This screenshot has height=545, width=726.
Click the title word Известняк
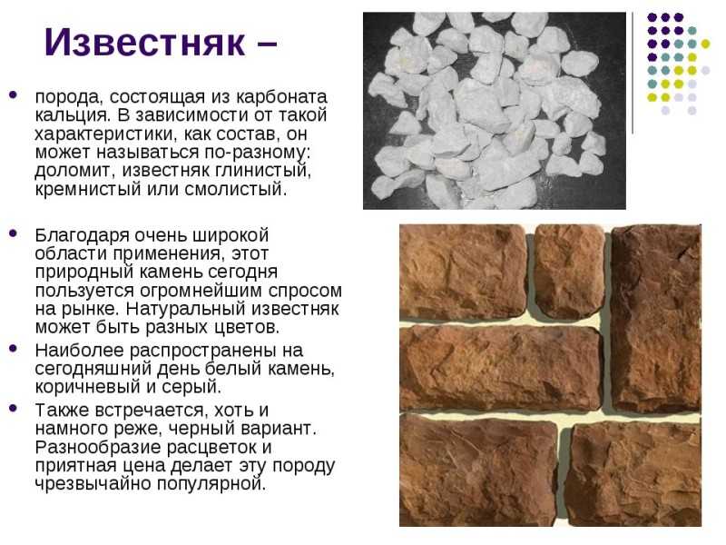[x=144, y=42]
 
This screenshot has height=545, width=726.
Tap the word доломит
[x=74, y=171]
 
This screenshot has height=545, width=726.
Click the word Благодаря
[x=82, y=235]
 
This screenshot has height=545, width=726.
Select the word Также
[x=62, y=411]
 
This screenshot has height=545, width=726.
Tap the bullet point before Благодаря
[x=13, y=233]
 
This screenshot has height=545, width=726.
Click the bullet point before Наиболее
[x=13, y=348]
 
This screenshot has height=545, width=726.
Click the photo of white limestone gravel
[x=494, y=111]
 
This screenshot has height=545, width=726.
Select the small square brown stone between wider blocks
[x=569, y=272]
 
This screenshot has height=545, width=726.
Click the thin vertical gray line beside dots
[x=633, y=74]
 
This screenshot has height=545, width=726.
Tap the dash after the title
[x=265, y=45]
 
